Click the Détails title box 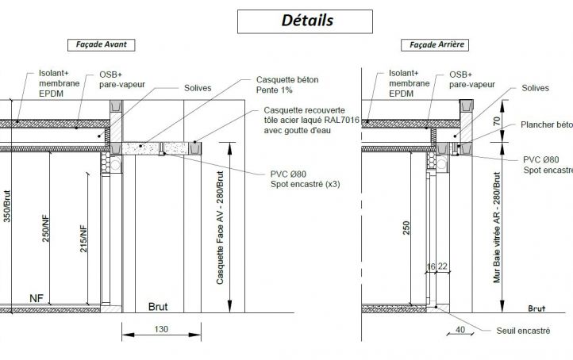305,21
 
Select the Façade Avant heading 102,45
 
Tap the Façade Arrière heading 435,45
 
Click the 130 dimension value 161,329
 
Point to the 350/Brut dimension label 7,206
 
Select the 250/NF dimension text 45,228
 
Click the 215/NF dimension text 83,239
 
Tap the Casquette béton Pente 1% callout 287,85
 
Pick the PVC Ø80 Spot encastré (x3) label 305,179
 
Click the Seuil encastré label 523,331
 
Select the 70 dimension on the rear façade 496,121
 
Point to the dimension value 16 431,266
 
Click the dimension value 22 443,266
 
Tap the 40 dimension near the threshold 460,330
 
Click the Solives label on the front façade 198,88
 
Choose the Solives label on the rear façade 536,88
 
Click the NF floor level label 37,298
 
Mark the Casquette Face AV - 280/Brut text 220,228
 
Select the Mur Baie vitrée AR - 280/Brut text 497,228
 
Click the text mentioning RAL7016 312,120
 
